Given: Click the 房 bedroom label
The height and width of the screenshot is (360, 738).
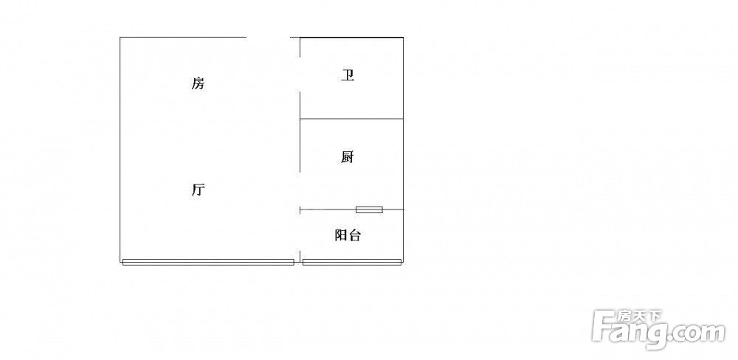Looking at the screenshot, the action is pos(198,83).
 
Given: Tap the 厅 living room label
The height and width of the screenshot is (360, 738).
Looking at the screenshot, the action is pos(198,190).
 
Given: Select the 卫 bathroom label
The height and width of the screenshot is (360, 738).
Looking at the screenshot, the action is pos(348,75).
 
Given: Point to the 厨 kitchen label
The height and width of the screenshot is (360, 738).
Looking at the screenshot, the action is pos(348,157).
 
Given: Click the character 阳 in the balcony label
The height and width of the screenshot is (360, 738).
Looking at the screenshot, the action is pos(341,235).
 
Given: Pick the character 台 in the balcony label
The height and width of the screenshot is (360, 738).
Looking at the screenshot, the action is pos(354,235).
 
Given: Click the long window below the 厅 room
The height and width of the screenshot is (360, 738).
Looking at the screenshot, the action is pos(208,262).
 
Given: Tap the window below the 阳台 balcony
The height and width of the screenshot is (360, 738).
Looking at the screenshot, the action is pos(352,262).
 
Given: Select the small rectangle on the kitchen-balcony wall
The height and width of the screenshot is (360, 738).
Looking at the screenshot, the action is pos(369,210).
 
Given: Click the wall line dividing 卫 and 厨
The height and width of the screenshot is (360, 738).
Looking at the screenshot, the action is pos(351,119).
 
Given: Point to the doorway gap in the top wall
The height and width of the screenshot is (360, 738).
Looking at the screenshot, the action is pos(269,37).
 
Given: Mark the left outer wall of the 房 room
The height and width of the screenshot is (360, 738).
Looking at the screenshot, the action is pos(120,149).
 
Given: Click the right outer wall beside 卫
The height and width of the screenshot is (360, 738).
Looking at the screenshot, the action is pos(404,77).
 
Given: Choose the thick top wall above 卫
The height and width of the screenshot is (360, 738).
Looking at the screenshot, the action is pos(351,37).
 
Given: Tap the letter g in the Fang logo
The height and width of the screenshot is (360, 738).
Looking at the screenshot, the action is pos(661,335).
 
